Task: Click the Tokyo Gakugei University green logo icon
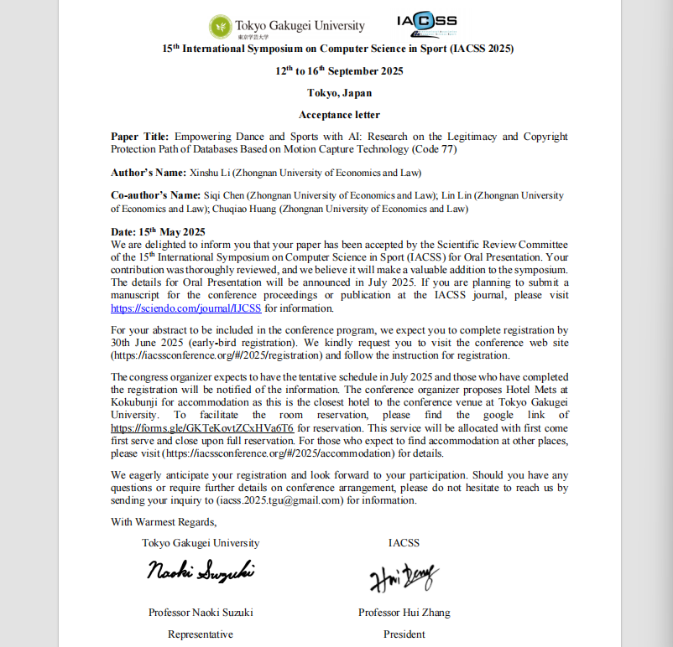(221, 25)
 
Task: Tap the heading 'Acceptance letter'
(339, 115)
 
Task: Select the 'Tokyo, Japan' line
(339, 93)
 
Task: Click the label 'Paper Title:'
(140, 137)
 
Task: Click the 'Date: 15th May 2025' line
(158, 231)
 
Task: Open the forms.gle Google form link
(202, 427)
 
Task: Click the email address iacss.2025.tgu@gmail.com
(281, 500)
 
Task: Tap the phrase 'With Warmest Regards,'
(164, 522)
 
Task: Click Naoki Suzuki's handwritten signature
(201, 572)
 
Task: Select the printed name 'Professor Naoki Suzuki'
(201, 613)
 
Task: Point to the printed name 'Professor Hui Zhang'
(404, 613)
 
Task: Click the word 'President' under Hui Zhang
(404, 634)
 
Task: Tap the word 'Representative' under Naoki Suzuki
(201, 634)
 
